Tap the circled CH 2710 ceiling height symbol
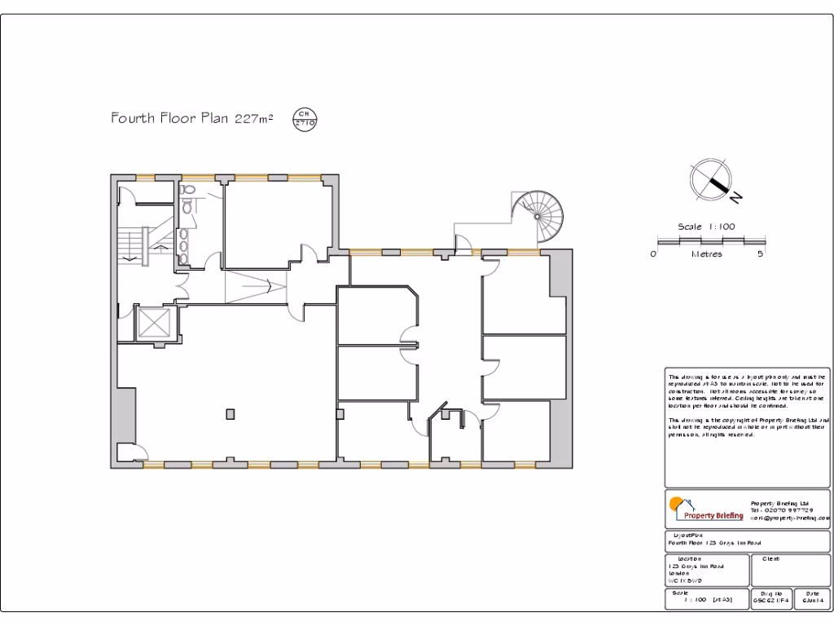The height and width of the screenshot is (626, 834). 305,118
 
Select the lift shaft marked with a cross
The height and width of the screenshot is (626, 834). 155,323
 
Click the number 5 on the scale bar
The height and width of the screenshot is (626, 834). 759,254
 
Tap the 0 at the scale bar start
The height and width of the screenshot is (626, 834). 653,254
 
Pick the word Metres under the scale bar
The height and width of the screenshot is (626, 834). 706,254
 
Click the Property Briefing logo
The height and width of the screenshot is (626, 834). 705,509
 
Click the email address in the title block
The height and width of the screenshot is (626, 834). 789,518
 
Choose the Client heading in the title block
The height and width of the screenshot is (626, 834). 770,558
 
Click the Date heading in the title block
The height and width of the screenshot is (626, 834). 812,593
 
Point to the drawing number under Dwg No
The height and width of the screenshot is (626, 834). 770,601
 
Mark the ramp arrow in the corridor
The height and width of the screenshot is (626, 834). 257,287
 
